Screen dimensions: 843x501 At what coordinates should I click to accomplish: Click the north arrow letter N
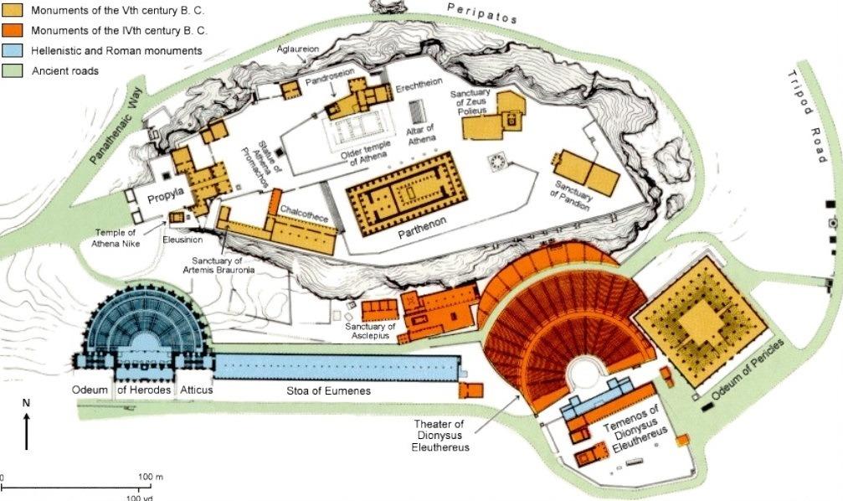[26, 403]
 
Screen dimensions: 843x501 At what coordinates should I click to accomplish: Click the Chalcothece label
[302, 214]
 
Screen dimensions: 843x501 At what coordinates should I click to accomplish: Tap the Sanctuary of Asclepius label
[370, 331]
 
